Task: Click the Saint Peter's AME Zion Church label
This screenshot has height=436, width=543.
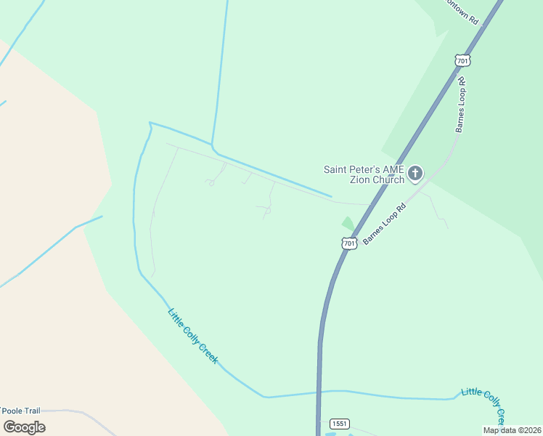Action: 364,174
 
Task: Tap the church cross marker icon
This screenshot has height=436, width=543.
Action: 415,173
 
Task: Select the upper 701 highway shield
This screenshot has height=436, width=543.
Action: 462,60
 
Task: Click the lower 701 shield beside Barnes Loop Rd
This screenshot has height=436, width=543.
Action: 350,243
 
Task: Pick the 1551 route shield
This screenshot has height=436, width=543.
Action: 338,424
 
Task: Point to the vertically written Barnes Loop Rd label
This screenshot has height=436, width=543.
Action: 460,105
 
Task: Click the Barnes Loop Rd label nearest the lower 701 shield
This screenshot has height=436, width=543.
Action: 384,223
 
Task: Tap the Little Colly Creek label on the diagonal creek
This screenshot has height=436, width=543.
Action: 193,336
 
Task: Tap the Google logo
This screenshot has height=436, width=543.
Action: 24,427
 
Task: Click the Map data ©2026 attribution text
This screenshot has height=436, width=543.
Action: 512,430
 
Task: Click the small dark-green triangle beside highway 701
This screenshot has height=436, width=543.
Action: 348,224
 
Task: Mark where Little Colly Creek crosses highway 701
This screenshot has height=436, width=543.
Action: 319,392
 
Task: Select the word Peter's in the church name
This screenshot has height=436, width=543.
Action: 365,169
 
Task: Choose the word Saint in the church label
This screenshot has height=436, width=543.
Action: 336,169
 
